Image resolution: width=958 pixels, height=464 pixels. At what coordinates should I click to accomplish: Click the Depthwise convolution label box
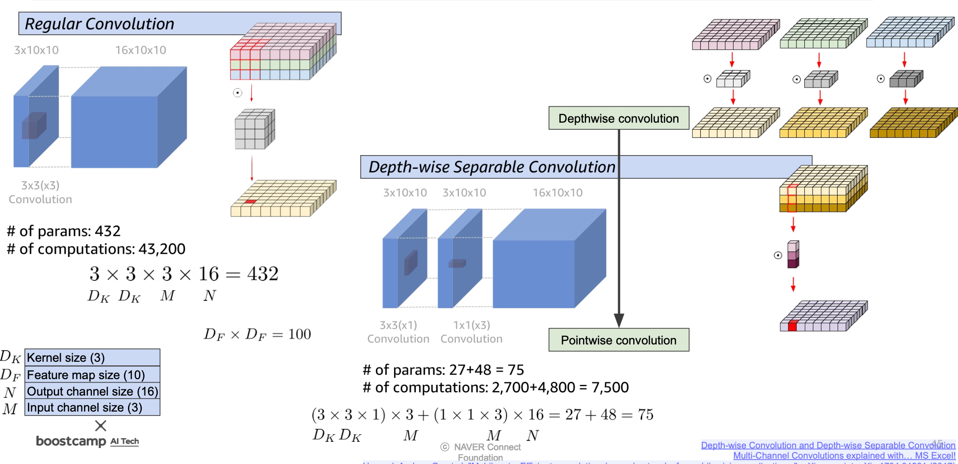point(619,118)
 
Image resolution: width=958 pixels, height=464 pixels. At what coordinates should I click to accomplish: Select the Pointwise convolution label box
point(619,340)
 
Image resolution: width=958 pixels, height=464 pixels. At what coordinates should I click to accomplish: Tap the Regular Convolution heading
point(100,24)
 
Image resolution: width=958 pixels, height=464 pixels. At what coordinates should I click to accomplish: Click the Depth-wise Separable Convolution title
point(491,167)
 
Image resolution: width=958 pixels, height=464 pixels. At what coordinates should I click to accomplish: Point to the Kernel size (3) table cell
point(92,357)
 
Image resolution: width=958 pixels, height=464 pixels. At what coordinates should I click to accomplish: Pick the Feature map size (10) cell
point(92,375)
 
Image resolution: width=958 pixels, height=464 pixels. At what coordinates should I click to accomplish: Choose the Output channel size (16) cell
point(92,391)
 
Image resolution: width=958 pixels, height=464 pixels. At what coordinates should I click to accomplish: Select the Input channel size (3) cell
point(92,408)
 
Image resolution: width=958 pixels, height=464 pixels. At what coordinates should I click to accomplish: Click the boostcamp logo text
point(71,441)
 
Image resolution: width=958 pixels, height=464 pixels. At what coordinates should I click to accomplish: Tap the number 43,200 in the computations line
point(162,249)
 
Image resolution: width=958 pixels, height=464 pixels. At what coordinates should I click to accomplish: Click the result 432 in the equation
point(263,274)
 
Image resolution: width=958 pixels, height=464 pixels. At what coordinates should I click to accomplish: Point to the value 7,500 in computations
point(610,388)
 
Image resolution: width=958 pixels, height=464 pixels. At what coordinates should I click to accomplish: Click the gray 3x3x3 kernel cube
point(255,129)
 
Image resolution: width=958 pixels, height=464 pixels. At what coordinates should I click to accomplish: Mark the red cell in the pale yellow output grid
point(251,202)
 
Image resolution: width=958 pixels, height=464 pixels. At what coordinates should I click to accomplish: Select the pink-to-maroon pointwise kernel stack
point(793,255)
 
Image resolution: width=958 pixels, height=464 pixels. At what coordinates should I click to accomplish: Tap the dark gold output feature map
point(911,123)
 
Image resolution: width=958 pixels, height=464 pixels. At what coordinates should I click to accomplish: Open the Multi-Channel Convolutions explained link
point(844,456)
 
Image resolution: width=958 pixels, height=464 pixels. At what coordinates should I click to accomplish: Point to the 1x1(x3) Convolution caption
point(471,332)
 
